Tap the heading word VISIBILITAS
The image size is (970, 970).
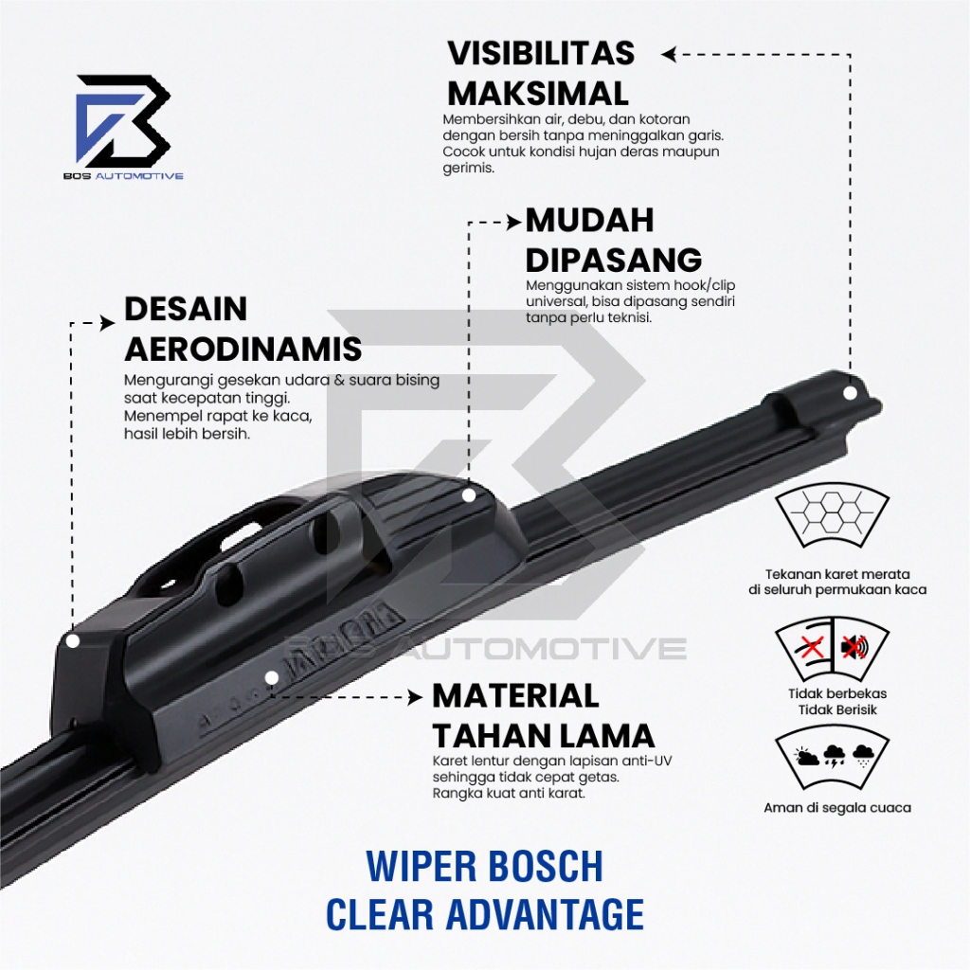541,53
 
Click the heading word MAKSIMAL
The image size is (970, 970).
537,94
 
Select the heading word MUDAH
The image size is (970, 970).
589,220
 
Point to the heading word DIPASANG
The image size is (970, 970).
613,260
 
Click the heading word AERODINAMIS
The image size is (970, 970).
242,349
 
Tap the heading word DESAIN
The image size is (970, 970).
186,309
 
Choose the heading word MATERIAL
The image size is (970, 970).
515,695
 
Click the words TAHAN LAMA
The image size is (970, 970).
543,735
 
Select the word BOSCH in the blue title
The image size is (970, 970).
551,867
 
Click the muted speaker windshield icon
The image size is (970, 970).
853,648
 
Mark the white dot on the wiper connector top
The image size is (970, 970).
468,494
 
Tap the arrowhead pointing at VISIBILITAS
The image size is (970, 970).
669,54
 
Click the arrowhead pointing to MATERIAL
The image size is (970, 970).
416,696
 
